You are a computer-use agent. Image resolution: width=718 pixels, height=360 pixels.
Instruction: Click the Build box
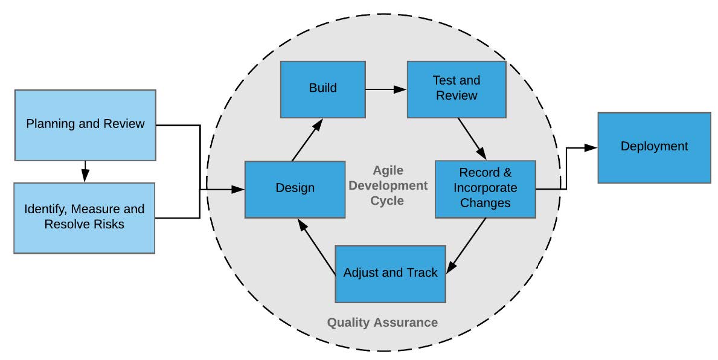(322, 88)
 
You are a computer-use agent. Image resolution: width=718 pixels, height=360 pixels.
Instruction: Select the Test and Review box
(456, 88)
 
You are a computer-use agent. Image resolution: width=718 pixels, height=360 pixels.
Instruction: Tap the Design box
(295, 188)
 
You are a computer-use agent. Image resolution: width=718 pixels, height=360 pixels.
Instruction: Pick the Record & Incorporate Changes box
(485, 188)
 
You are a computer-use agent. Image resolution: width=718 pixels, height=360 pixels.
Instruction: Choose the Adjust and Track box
(390, 273)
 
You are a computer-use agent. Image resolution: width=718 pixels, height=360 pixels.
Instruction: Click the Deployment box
(654, 147)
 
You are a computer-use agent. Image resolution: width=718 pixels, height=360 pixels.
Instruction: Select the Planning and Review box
(85, 124)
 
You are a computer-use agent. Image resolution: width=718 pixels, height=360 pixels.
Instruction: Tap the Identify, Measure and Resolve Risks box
(85, 217)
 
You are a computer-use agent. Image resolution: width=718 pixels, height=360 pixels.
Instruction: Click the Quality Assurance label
(382, 323)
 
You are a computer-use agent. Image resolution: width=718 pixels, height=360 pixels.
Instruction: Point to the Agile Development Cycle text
(387, 185)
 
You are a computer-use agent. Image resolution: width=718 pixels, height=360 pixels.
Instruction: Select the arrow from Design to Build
(306, 140)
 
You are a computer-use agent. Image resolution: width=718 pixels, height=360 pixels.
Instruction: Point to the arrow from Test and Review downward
(472, 138)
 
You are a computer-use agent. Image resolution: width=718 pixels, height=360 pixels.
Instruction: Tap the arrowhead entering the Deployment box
(591, 147)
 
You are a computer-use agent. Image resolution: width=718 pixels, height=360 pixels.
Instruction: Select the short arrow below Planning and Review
(85, 171)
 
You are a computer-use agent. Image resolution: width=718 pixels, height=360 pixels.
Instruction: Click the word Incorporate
(486, 188)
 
